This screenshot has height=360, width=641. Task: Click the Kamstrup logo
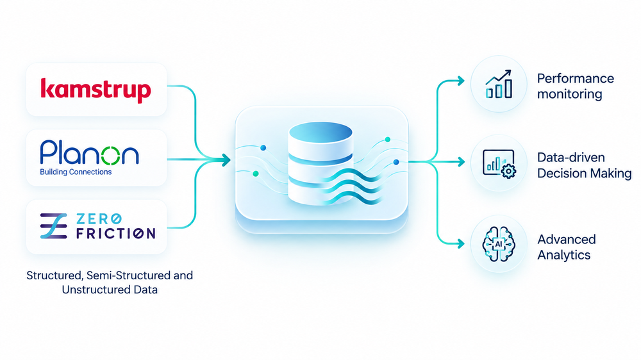[96, 90]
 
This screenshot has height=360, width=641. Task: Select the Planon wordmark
[90, 153]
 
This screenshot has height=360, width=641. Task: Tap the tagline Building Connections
[76, 172]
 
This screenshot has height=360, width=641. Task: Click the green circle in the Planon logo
[110, 156]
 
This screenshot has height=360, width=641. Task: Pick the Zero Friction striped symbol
[54, 226]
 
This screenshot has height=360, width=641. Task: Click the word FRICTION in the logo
[115, 233]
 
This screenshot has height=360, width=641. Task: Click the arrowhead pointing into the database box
[226, 160]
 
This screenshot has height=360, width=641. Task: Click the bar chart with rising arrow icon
[499, 84]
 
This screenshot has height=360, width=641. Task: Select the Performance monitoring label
[575, 86]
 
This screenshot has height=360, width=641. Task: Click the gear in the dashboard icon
[508, 171]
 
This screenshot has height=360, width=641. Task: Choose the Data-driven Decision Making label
[584, 165]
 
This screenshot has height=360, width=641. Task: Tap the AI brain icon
[499, 244]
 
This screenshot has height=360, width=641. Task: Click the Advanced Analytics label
[566, 247]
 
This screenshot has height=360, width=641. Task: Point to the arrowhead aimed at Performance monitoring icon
[461, 81]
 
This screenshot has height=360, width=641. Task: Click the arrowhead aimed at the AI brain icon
[461, 244]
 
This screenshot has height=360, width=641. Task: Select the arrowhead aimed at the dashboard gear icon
[461, 162]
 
